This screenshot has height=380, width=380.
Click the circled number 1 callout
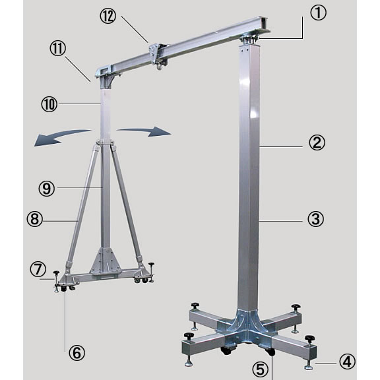[x=318, y=13]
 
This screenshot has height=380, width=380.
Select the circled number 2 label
[x=317, y=142]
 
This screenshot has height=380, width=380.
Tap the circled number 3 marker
[x=315, y=219]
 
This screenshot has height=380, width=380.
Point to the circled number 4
[x=347, y=362]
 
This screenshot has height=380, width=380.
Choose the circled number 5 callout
[x=261, y=369]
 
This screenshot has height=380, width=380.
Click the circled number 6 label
[x=77, y=352]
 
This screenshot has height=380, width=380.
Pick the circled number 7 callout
[x=38, y=270]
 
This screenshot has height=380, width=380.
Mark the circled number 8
[x=35, y=219]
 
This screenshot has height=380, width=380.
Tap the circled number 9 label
[x=47, y=188]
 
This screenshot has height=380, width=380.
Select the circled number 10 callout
[x=49, y=104]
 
